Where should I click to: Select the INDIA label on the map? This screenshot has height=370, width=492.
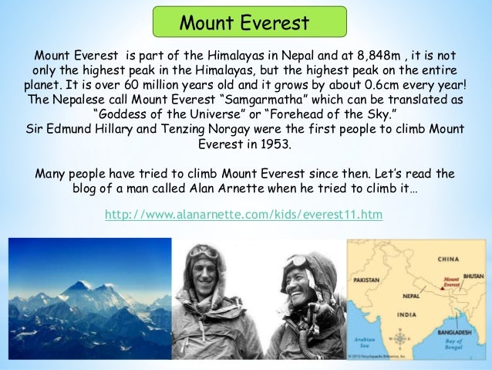tap(406, 314)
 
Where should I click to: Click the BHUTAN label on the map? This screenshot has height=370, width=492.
tap(472, 275)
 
